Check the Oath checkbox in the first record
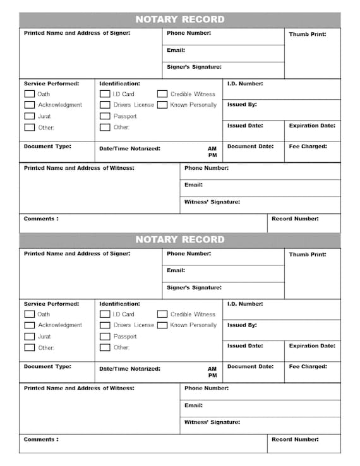coord(29,94)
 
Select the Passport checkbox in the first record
coord(105,116)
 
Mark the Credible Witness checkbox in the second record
coord(162,314)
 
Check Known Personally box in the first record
coord(162,105)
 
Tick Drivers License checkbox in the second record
coord(105,325)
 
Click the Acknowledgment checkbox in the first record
coord(29,105)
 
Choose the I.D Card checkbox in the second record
coord(105,314)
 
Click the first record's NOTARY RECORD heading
coord(180,20)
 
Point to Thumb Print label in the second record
coord(308,254)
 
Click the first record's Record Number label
coord(295,219)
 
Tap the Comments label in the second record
coord(41,439)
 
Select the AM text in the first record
coord(212,149)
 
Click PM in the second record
coord(212,375)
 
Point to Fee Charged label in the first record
coord(308,146)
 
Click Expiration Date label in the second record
coord(312,346)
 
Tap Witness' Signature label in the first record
coord(212,202)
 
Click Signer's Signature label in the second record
coord(194,287)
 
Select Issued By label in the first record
coord(242,105)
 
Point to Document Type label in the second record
coord(47,366)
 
